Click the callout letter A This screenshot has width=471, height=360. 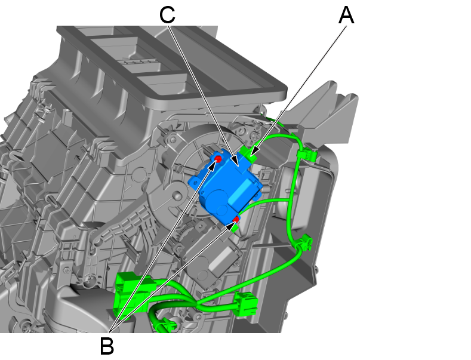pyautogui.click(x=346, y=16)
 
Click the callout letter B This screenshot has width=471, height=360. pyautogui.click(x=107, y=346)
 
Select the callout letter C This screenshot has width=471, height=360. pyautogui.click(x=167, y=15)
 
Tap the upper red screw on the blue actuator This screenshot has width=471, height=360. pyautogui.click(x=218, y=159)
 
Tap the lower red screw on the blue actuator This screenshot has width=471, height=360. pyautogui.click(x=236, y=220)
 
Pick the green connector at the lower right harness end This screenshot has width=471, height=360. pyautogui.click(x=247, y=304)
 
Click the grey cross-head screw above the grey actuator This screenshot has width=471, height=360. pyautogui.click(x=179, y=248)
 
